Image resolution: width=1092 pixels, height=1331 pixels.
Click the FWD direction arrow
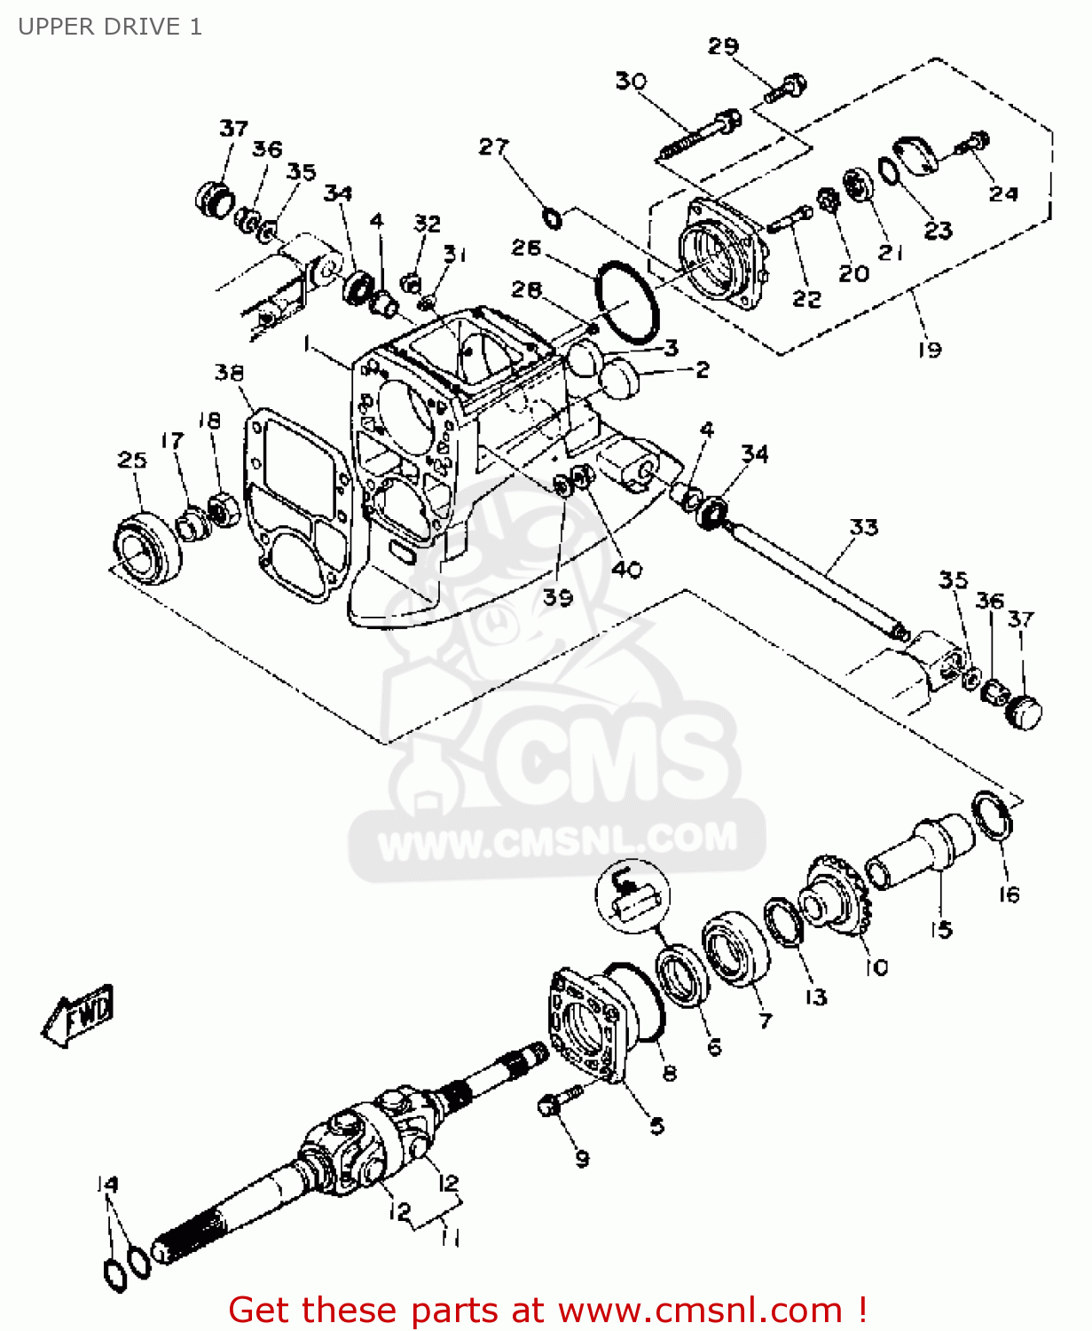tap(79, 1015)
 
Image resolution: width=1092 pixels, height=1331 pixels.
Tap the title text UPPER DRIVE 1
tap(110, 27)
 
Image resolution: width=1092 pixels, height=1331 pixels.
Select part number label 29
tap(723, 46)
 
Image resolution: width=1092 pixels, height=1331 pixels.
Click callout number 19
tap(929, 349)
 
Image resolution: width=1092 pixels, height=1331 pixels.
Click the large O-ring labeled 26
tap(627, 301)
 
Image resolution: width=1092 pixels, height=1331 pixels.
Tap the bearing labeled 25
tap(147, 548)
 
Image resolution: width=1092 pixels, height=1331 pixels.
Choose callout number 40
tap(626, 569)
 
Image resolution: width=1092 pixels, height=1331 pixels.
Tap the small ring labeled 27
tap(551, 216)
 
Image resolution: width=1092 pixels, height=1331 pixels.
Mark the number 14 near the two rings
tap(107, 1184)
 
